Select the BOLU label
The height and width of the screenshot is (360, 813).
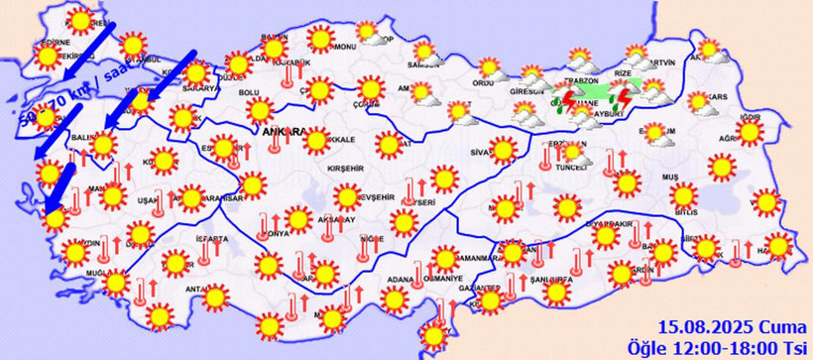pos(250,93)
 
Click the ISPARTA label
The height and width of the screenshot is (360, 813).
pos(215,239)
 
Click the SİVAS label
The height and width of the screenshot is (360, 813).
pos(482,153)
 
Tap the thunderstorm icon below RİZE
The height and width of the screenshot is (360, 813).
pos(626,99)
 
